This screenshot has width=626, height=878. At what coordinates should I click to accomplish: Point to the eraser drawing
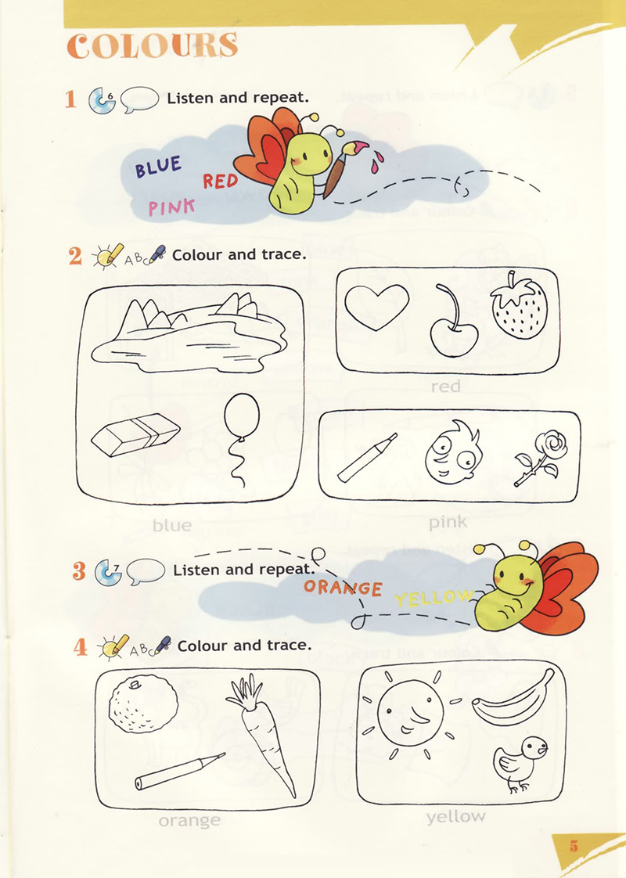135,435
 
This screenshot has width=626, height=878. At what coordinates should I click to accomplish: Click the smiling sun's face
410,711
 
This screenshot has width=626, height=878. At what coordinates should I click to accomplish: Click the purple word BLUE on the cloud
158,167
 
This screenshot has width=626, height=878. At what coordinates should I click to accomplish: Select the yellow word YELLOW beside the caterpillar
434,598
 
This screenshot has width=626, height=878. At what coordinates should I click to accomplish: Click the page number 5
574,845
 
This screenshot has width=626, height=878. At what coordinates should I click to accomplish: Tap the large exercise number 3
79,570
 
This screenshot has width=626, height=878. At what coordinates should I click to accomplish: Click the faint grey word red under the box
445,386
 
